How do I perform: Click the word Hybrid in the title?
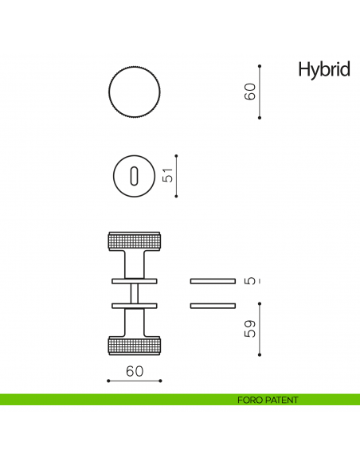[x=323, y=70]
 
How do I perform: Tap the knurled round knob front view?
[x=134, y=92]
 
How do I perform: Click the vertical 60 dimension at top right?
[x=250, y=92]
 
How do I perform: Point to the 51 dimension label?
[x=167, y=176]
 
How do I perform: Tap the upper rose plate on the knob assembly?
[x=134, y=281]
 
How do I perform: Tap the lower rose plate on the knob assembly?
[x=134, y=305]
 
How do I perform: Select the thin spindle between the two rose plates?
[x=134, y=293]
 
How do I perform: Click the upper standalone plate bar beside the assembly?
[x=213, y=281]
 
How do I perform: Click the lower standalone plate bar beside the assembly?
[x=213, y=305]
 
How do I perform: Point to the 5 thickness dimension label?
[x=250, y=281]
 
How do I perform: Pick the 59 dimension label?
[x=250, y=329]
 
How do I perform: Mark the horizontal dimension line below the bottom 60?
[x=134, y=381]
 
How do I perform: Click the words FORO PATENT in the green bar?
[x=268, y=400]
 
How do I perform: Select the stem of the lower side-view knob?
[x=134, y=322]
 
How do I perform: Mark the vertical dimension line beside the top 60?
[x=260, y=92]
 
